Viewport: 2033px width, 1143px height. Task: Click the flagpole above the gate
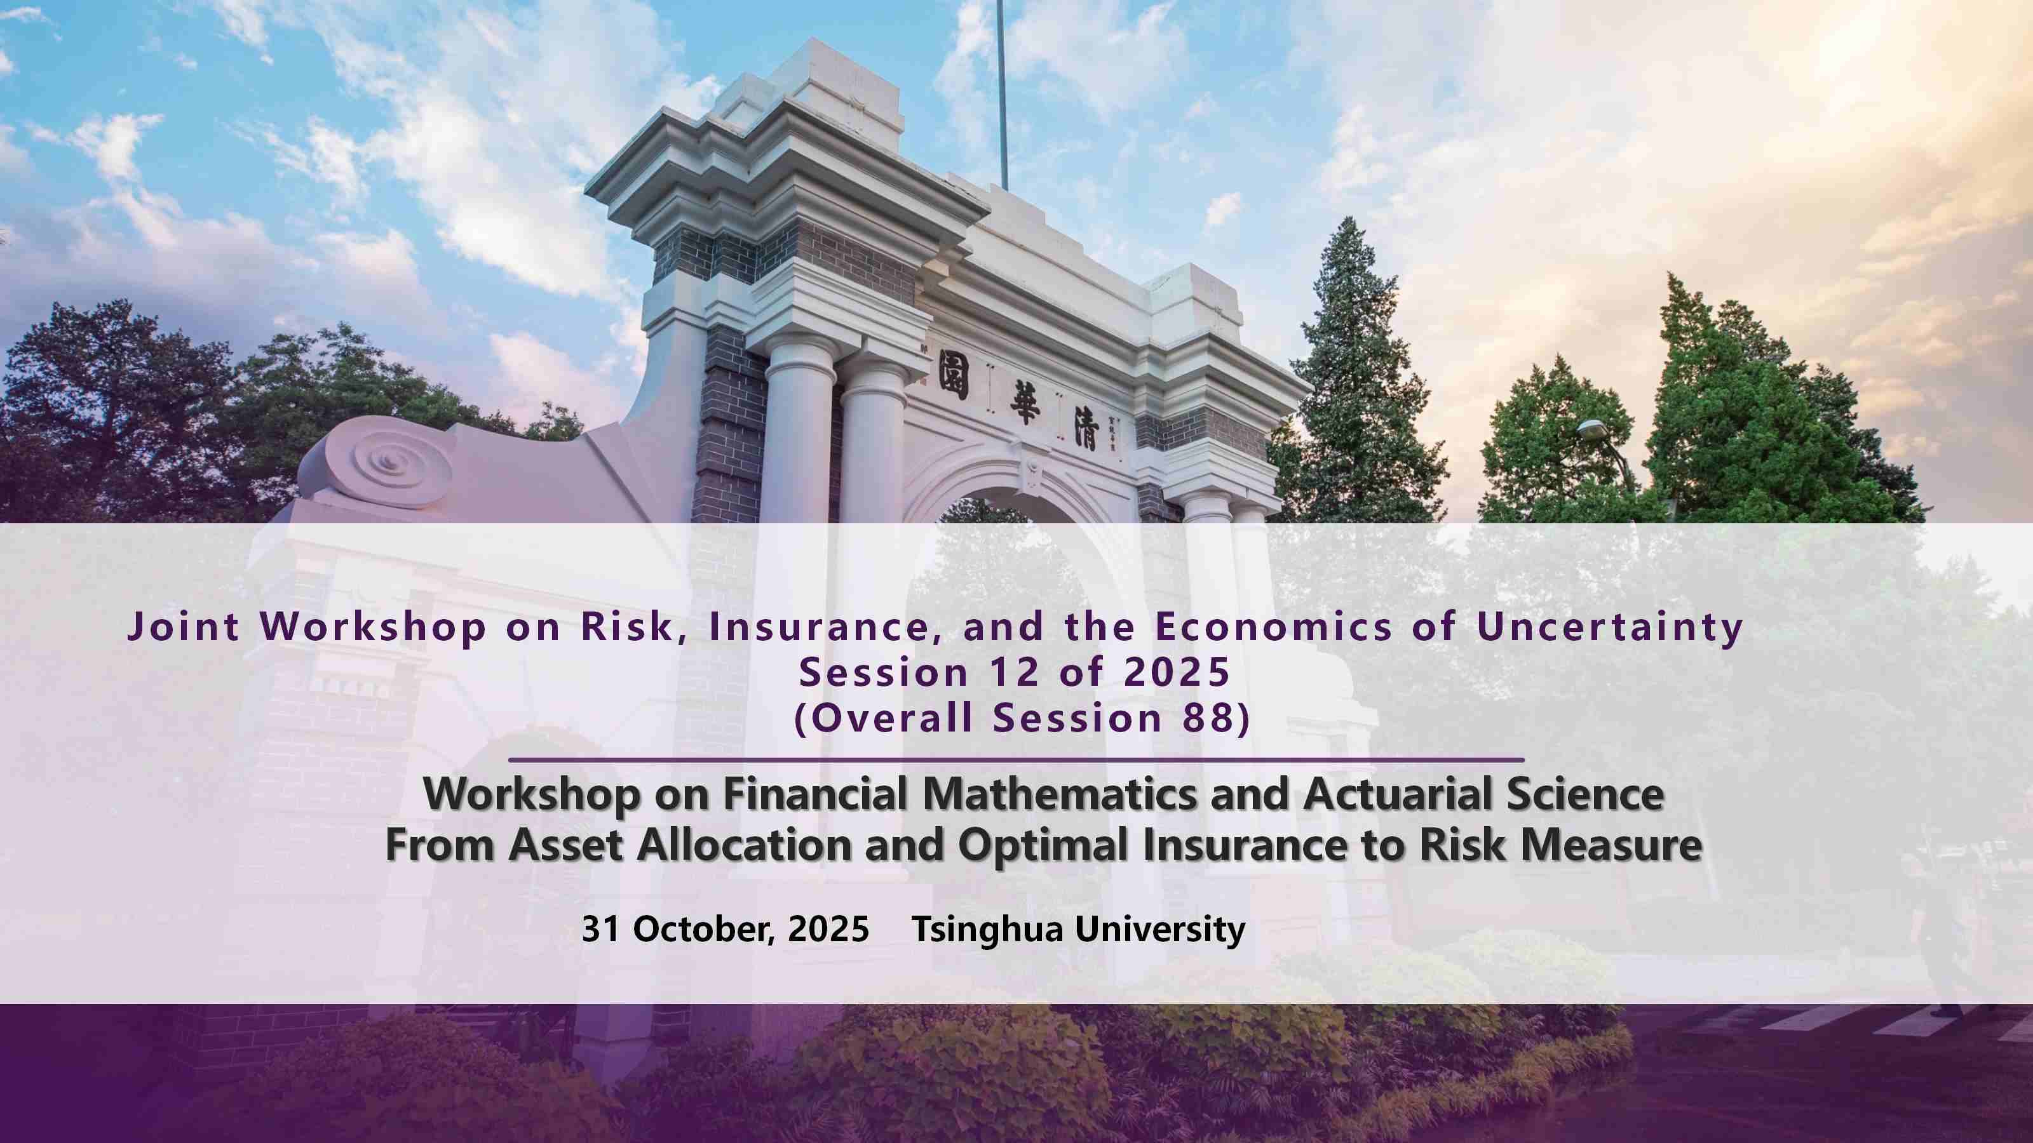pyautogui.click(x=1003, y=95)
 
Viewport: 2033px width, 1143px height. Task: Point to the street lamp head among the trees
pyautogui.click(x=1594, y=429)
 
